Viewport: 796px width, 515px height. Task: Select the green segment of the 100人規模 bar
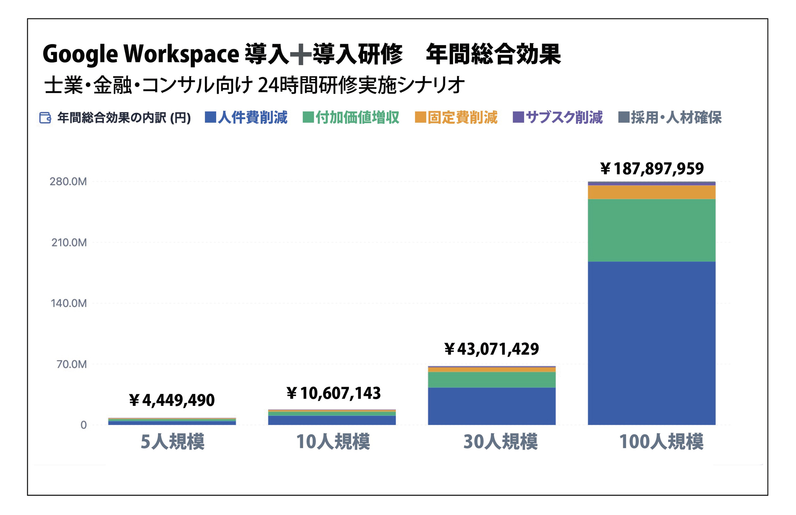651,230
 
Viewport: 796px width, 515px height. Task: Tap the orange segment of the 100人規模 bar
651,192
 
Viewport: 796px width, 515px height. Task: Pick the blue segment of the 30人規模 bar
492,406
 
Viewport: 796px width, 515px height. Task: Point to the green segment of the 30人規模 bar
492,380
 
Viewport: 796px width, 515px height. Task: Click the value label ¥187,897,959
652,169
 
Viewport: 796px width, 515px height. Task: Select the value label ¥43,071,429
492,349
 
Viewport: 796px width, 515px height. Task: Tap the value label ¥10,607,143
334,393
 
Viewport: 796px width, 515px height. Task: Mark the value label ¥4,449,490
172,400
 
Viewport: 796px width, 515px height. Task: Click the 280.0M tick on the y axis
68,182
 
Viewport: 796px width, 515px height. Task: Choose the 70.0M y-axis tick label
72,364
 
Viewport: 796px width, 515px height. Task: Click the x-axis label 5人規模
172,442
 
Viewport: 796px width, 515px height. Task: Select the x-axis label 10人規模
333,442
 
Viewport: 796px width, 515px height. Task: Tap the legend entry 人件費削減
246,118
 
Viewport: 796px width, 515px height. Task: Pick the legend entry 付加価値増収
351,118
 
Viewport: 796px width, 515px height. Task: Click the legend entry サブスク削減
558,118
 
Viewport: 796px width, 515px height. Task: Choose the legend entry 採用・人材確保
670,118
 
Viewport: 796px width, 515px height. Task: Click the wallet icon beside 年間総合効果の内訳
45,118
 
